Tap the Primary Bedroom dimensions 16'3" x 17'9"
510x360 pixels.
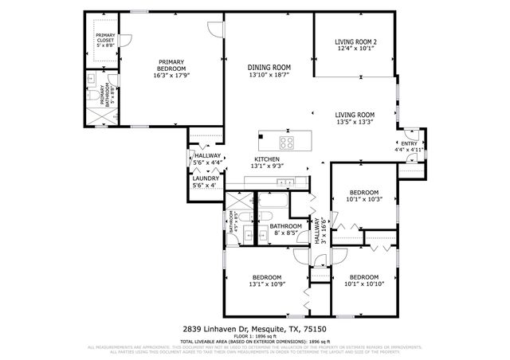click(171, 76)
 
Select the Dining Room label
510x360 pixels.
click(269, 67)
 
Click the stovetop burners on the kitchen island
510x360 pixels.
click(288, 143)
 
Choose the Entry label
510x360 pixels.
click(409, 143)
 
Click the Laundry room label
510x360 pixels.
click(206, 178)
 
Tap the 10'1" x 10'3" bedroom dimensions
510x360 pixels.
click(365, 199)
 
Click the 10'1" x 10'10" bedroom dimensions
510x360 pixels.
click(365, 284)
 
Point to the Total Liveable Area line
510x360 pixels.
click(254, 341)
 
